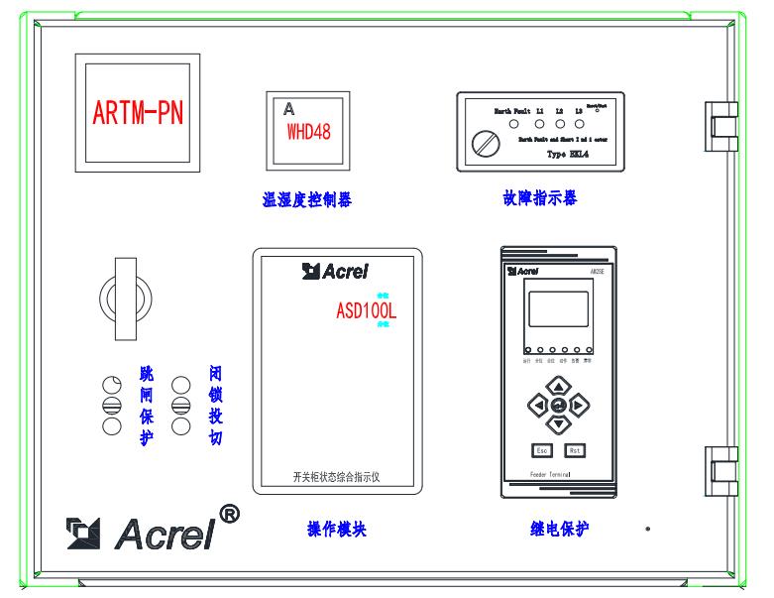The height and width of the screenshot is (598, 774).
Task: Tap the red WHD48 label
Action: [x=308, y=133]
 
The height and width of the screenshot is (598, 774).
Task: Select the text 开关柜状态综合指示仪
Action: [x=338, y=476]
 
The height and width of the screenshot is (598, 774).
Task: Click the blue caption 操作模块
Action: [x=337, y=529]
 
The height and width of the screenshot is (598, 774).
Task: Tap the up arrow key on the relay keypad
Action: [x=559, y=386]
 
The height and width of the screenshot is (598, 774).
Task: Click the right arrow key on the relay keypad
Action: [x=580, y=405]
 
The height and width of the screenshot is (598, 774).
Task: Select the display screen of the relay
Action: [x=558, y=310]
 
